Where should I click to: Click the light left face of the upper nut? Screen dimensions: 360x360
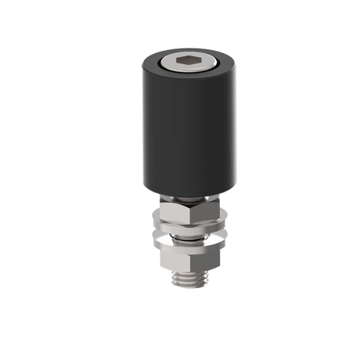(x=174, y=211)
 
